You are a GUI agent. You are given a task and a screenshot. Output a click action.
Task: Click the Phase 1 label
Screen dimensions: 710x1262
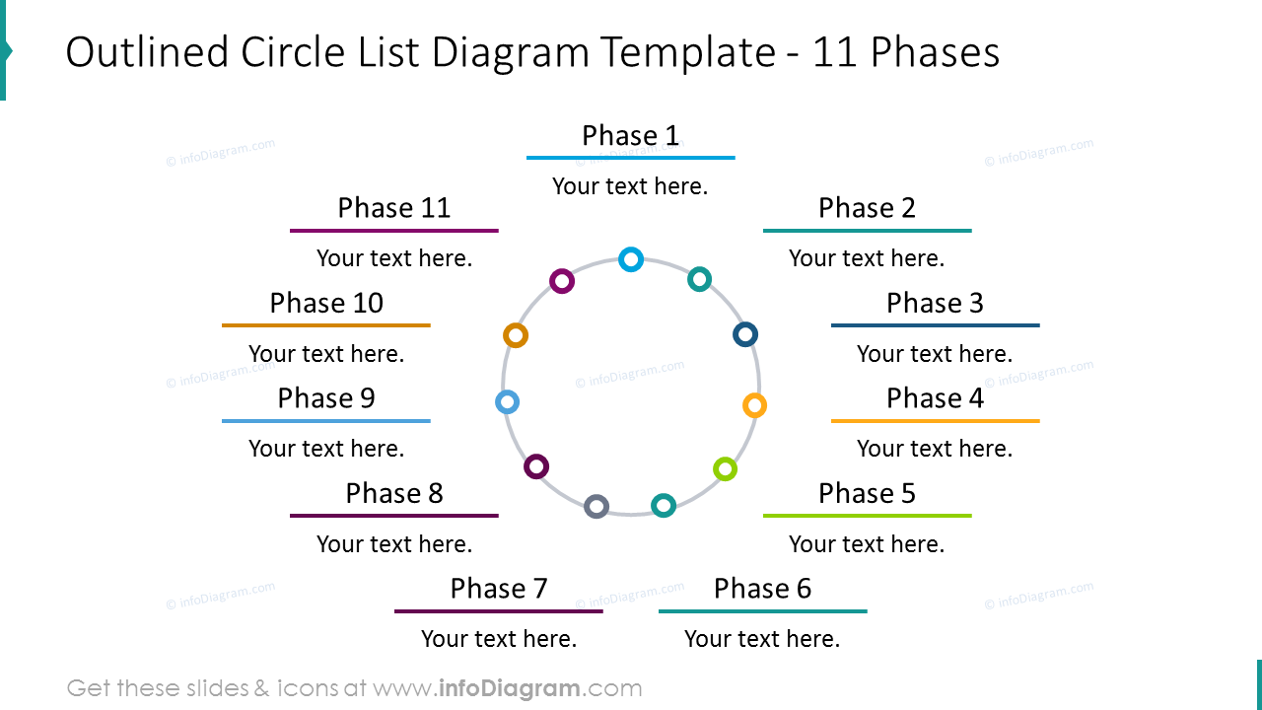[630, 135]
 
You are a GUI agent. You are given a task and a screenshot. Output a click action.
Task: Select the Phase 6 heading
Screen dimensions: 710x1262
[762, 589]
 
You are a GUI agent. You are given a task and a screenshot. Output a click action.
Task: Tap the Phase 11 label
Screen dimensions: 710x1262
[393, 208]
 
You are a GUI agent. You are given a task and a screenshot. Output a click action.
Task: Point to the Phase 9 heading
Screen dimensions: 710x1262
[326, 398]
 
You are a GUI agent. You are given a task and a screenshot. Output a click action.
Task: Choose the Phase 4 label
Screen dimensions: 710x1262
[935, 398]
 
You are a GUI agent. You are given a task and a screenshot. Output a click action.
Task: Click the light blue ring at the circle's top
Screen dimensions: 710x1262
[631, 259]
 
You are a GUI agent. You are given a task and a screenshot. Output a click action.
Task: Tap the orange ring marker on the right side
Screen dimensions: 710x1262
[754, 405]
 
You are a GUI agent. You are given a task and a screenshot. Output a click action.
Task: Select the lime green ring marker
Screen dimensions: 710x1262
[725, 469]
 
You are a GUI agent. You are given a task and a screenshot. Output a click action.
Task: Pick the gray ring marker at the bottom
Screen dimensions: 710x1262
[596, 507]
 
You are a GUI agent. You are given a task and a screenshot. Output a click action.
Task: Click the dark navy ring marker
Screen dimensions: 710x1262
[745, 334]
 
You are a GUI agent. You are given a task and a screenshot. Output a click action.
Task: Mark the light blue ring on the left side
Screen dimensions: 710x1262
[507, 402]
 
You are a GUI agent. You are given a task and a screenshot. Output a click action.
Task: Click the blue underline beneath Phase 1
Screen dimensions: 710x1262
[630, 158]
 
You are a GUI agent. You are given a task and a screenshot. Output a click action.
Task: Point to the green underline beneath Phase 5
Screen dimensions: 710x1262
[867, 516]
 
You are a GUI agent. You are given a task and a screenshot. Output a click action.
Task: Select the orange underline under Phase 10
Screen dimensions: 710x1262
[326, 325]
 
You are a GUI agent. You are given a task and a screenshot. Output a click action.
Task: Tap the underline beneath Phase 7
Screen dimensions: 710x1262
[498, 611]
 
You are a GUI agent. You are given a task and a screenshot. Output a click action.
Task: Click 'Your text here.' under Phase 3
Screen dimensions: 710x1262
[935, 354]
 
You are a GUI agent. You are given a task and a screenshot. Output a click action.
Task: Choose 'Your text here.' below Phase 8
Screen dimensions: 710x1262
[394, 544]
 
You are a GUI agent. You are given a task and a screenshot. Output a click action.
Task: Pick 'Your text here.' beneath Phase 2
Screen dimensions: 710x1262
[867, 258]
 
